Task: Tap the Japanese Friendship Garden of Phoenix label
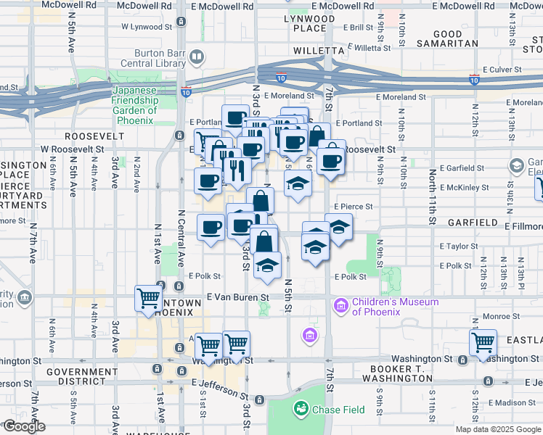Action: click(134, 101)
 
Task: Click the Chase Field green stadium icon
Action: click(301, 410)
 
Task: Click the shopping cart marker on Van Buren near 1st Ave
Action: click(148, 298)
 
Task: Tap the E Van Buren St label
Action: click(237, 297)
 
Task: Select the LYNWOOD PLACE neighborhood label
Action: click(310, 23)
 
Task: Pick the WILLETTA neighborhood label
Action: click(318, 51)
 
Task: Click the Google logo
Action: click(23, 426)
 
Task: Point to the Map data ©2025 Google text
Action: click(499, 429)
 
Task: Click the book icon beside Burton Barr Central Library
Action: click(196, 56)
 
